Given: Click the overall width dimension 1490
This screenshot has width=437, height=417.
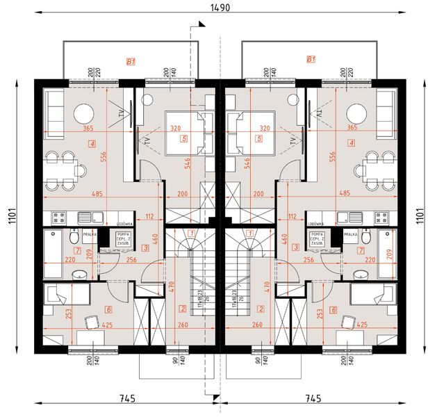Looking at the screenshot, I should (220, 8).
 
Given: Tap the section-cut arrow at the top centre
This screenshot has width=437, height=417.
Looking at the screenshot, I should (199, 25).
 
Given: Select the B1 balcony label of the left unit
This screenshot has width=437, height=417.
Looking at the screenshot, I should (129, 61).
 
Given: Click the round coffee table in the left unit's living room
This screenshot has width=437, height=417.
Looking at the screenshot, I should (84, 113).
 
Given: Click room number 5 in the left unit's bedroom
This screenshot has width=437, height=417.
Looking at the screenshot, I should (183, 138).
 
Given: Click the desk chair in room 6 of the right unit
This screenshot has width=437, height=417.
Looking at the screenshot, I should (346, 320).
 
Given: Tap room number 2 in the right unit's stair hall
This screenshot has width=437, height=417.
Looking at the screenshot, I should (261, 308).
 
